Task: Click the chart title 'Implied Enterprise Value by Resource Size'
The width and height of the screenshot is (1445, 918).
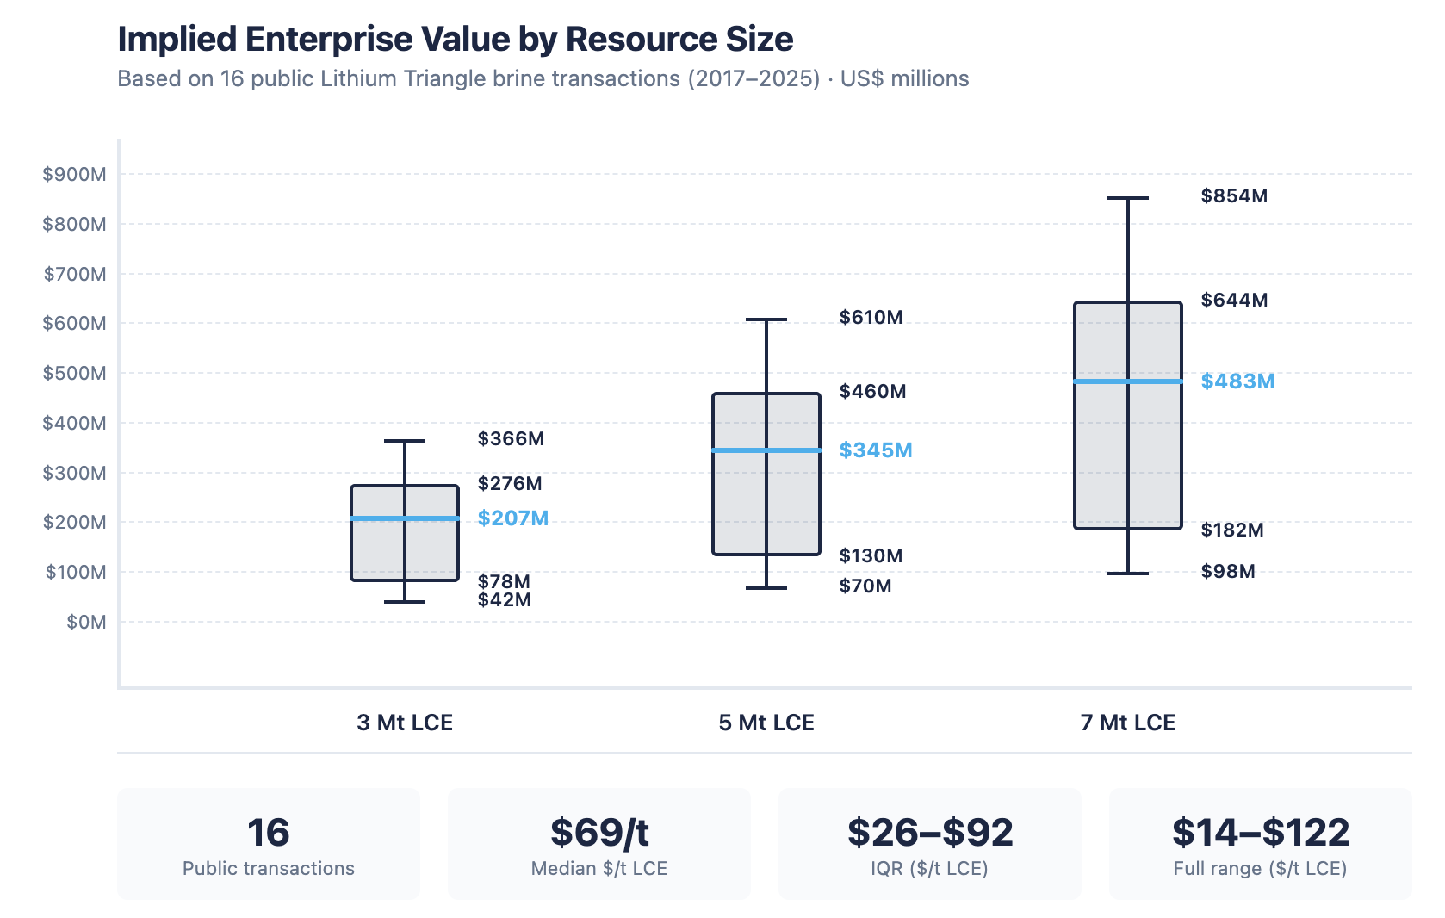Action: pyautogui.click(x=455, y=40)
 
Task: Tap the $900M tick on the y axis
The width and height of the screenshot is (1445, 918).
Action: pyautogui.click(x=75, y=175)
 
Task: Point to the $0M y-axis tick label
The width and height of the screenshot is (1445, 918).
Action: pyautogui.click(x=86, y=622)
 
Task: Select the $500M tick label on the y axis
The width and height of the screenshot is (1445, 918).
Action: pyautogui.click(x=75, y=374)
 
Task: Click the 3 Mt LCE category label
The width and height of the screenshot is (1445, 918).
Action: pyautogui.click(x=405, y=723)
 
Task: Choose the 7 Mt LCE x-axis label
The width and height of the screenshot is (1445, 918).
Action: pyautogui.click(x=1127, y=723)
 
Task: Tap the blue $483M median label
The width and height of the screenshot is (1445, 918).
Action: pyautogui.click(x=1237, y=381)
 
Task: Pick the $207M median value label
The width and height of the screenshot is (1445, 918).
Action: pyautogui.click(x=513, y=518)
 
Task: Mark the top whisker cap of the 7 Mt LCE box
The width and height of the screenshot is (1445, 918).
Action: pyautogui.click(x=1127, y=198)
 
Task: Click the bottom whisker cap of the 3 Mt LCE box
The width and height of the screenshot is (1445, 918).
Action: pyautogui.click(x=405, y=601)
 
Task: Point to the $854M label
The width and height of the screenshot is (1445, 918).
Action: pyautogui.click(x=1234, y=196)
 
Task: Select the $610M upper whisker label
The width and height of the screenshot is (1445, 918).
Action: pyautogui.click(x=871, y=318)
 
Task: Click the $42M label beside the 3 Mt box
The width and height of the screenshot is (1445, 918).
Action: pyautogui.click(x=504, y=600)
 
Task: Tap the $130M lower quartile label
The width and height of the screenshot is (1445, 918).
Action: pyautogui.click(x=871, y=556)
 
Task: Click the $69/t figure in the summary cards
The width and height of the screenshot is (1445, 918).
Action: pyautogui.click(x=599, y=833)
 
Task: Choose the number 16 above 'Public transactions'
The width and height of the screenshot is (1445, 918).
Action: pyautogui.click(x=269, y=833)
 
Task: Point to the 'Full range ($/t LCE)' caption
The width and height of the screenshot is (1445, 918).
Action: pyautogui.click(x=1260, y=869)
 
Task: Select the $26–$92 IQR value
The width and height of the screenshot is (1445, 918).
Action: pyautogui.click(x=930, y=833)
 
